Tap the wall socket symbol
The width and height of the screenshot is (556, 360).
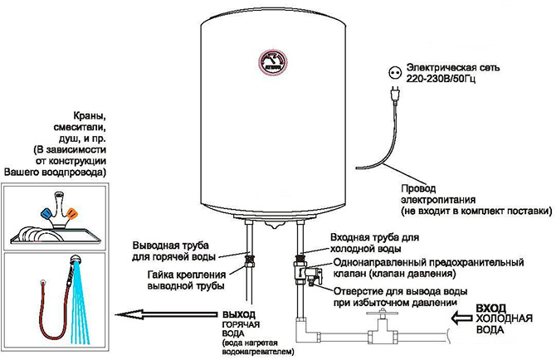pos(389,71)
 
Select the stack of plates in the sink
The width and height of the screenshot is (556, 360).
pos(28,234)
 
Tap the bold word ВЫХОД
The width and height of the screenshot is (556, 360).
pos(241,314)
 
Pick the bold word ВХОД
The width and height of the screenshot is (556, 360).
pos(493,308)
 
